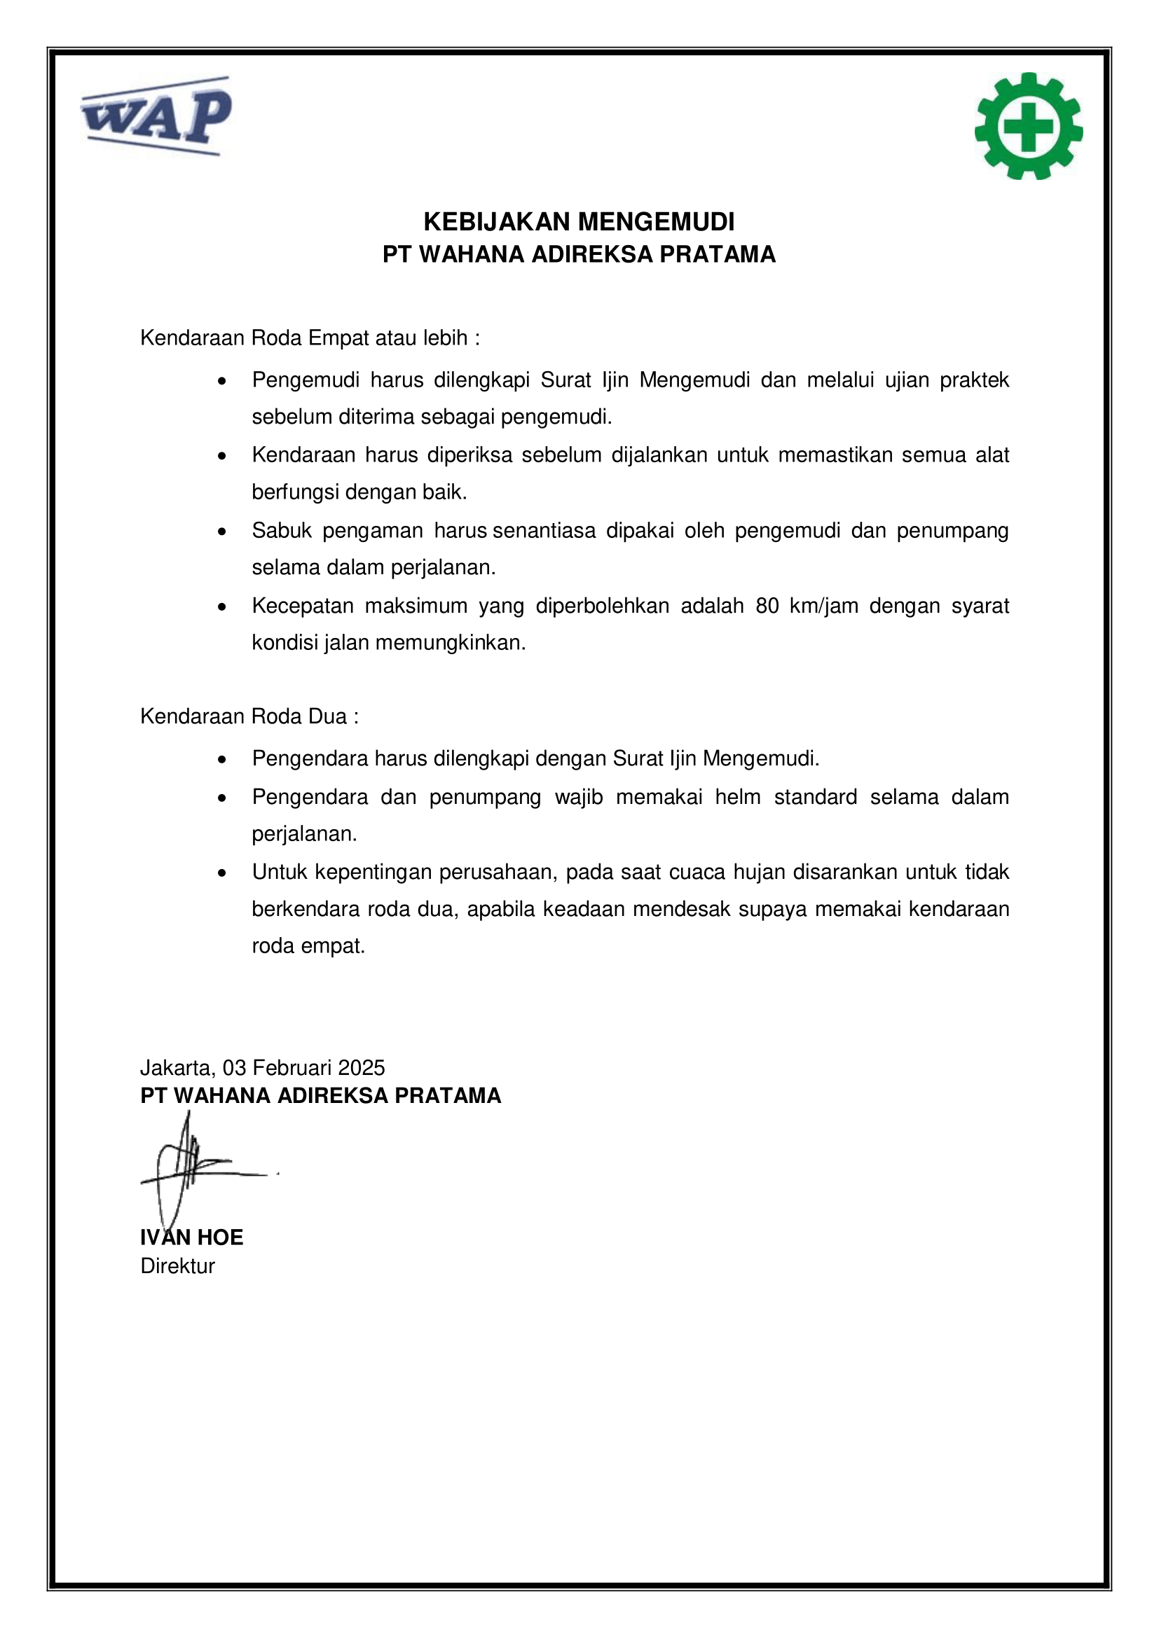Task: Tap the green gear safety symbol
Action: point(1028,126)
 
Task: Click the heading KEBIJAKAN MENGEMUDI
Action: point(579,222)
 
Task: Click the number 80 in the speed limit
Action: point(767,606)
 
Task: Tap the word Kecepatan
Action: point(303,606)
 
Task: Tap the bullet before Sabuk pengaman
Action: point(223,532)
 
